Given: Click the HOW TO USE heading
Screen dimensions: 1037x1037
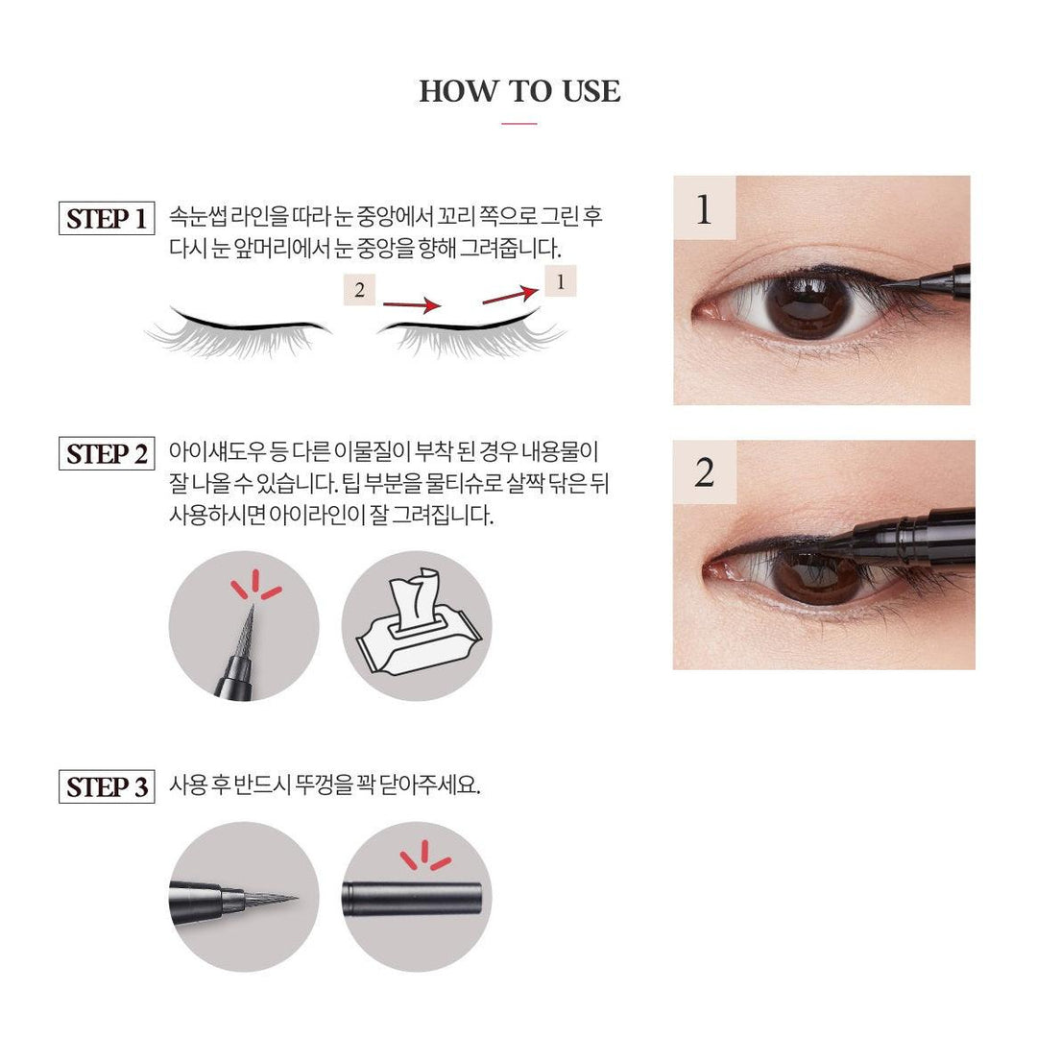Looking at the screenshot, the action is tap(519, 91).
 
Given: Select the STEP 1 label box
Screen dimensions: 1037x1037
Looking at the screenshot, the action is tap(107, 218).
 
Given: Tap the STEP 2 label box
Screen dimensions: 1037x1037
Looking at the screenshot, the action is tap(107, 453).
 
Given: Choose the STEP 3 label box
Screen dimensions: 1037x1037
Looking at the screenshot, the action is tap(107, 787).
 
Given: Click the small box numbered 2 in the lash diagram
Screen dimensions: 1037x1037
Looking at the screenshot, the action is tap(359, 290).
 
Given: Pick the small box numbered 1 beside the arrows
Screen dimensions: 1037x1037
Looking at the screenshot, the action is tap(560, 281).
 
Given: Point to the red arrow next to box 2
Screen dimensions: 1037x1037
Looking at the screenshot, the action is tap(412, 305).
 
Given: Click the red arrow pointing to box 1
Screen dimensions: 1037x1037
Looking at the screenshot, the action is tap(510, 295).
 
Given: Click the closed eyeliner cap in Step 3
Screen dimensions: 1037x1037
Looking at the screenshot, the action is tap(411, 898).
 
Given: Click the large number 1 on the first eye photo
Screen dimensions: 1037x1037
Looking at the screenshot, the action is tap(704, 209).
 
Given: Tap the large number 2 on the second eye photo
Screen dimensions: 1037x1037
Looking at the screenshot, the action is tap(705, 472).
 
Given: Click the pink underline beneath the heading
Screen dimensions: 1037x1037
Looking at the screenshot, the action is tap(519, 124).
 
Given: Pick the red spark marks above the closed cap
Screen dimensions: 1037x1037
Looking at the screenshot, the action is tap(425, 856).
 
